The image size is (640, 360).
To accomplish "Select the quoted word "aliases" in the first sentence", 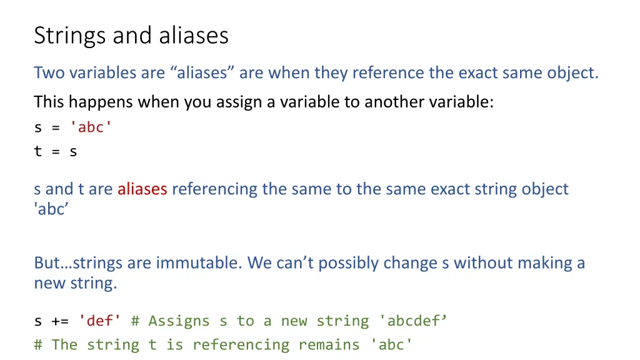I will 202,73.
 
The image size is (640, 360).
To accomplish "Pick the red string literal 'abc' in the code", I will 91,127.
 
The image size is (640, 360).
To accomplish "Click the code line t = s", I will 56,151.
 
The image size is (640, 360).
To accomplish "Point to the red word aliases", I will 142,189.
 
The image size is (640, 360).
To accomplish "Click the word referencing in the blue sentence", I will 214,189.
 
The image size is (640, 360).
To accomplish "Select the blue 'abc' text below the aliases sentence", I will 51,209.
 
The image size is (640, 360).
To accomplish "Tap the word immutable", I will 197,262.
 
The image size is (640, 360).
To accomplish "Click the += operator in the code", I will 60,321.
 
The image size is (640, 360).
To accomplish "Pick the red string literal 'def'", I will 100,321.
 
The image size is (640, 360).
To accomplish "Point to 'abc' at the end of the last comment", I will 392,344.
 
